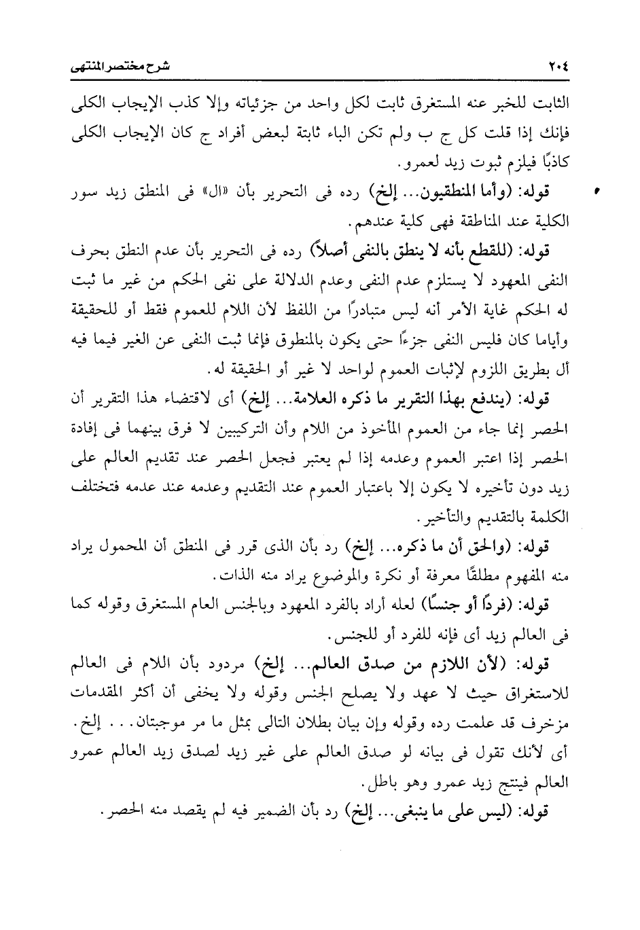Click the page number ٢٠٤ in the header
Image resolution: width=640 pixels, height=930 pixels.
point(556,67)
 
